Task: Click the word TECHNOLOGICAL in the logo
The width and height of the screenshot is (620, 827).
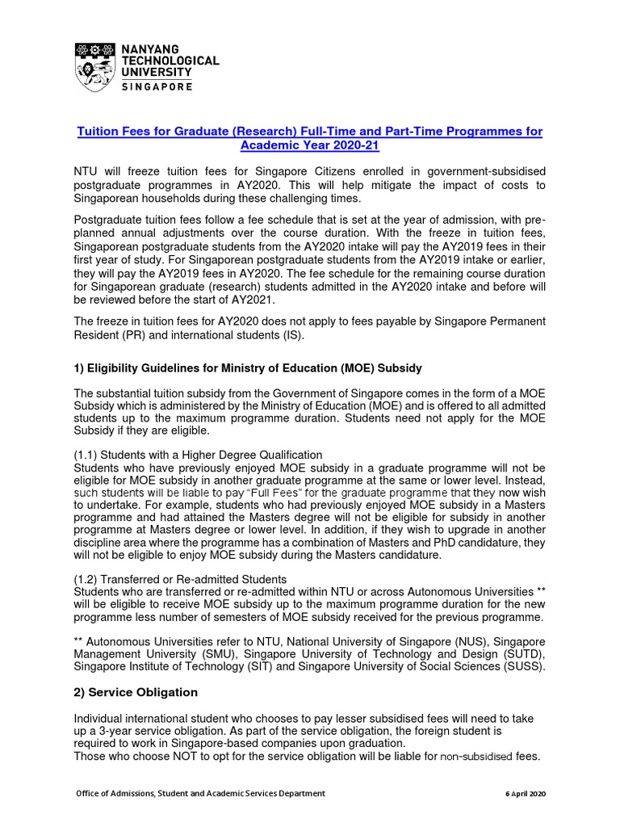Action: point(170,61)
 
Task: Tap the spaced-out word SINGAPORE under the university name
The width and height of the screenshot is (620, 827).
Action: point(157,86)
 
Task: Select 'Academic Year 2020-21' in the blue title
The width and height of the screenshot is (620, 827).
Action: point(309,145)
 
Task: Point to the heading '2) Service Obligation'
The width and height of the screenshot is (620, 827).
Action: point(136,692)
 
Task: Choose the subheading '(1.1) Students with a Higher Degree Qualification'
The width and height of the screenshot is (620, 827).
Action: point(198,455)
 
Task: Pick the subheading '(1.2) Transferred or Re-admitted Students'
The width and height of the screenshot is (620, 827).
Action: point(180,579)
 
